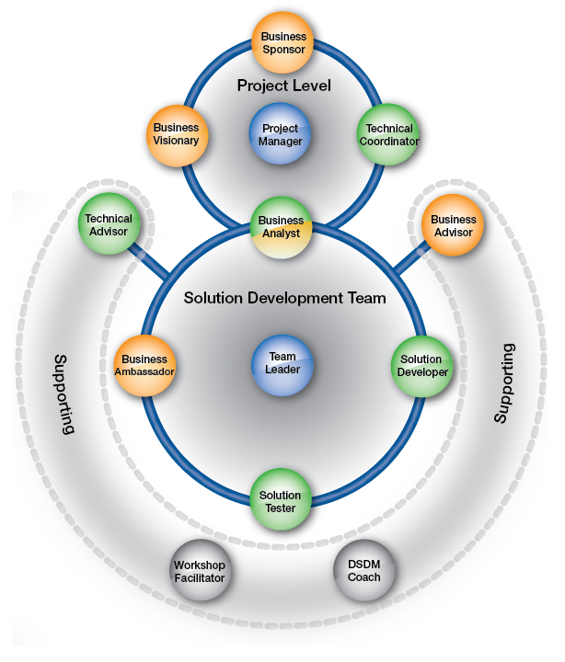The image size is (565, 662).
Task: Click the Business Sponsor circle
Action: [x=283, y=43]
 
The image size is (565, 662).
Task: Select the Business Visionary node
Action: [x=176, y=135]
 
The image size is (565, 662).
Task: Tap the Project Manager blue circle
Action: [x=281, y=136]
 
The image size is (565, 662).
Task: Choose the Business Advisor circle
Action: [x=454, y=226]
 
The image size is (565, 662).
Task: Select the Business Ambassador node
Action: [x=144, y=365]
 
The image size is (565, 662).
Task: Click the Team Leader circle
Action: [x=282, y=362]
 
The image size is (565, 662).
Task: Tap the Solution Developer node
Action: [x=423, y=365]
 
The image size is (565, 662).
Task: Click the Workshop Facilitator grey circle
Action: [x=200, y=571]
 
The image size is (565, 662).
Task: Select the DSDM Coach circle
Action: [x=363, y=570]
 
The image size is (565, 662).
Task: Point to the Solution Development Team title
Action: [x=284, y=299]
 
